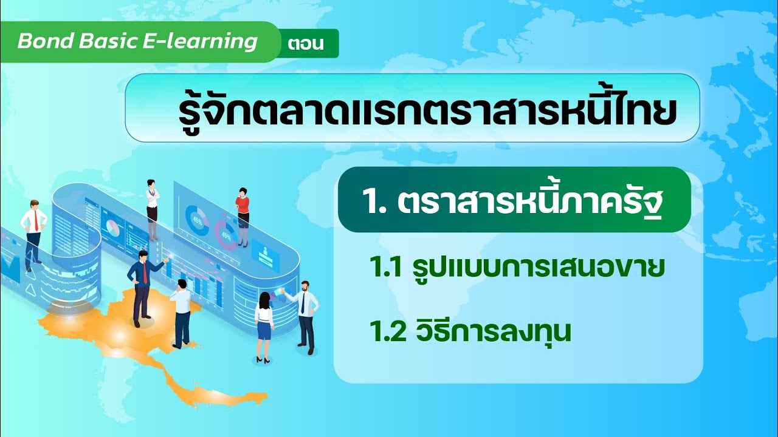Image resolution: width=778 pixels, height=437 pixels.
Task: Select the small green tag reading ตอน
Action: [306, 44]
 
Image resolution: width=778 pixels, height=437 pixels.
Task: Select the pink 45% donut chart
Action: [225, 235]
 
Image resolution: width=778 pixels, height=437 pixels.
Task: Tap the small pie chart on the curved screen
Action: [112, 228]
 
